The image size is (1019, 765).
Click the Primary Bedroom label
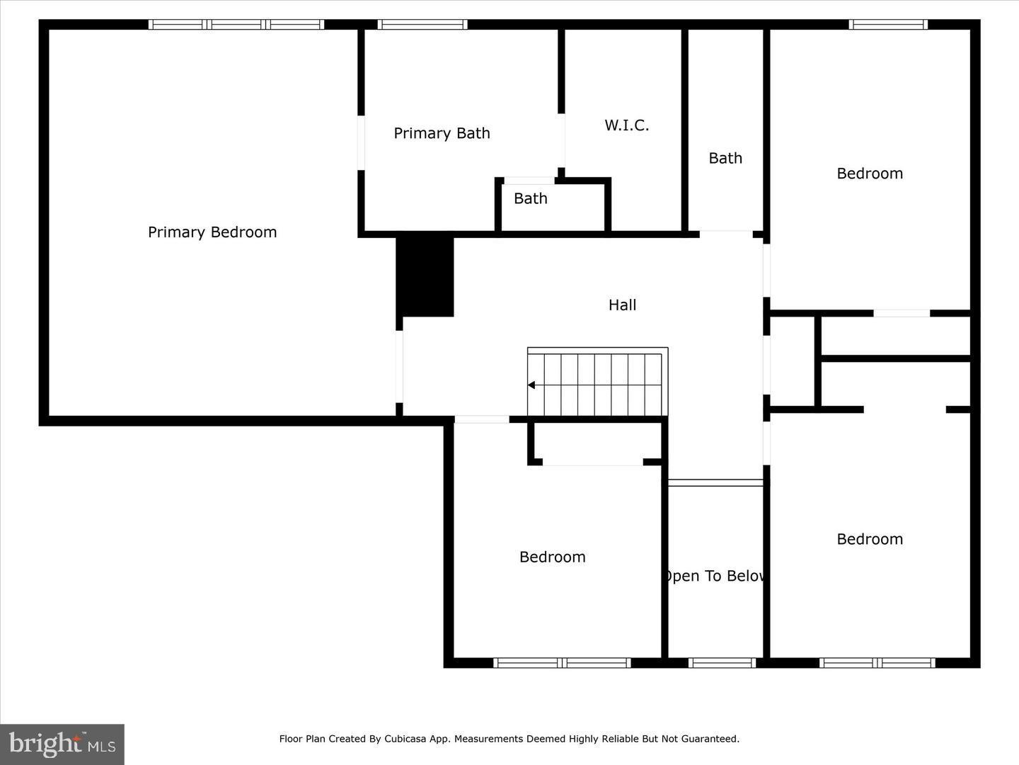point(212,232)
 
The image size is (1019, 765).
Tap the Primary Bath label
point(442,133)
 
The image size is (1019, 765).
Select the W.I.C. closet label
point(626,125)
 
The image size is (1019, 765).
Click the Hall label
point(622,305)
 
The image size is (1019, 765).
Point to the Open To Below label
point(715,576)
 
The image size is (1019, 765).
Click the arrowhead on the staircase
point(531,385)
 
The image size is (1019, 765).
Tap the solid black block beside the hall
point(425,276)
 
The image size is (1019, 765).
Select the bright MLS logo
point(62,744)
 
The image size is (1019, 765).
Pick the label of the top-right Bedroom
point(870,174)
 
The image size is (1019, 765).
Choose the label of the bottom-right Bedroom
point(870,539)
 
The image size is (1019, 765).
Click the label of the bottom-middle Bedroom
point(552,557)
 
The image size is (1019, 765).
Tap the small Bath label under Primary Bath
point(530,199)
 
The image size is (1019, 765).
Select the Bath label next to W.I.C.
point(725,159)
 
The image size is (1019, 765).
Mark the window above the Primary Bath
point(422,25)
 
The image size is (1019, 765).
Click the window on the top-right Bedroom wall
point(888,25)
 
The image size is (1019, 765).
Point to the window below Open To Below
point(722,663)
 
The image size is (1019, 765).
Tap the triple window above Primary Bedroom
point(236,25)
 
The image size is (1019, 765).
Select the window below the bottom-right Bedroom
point(877,663)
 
